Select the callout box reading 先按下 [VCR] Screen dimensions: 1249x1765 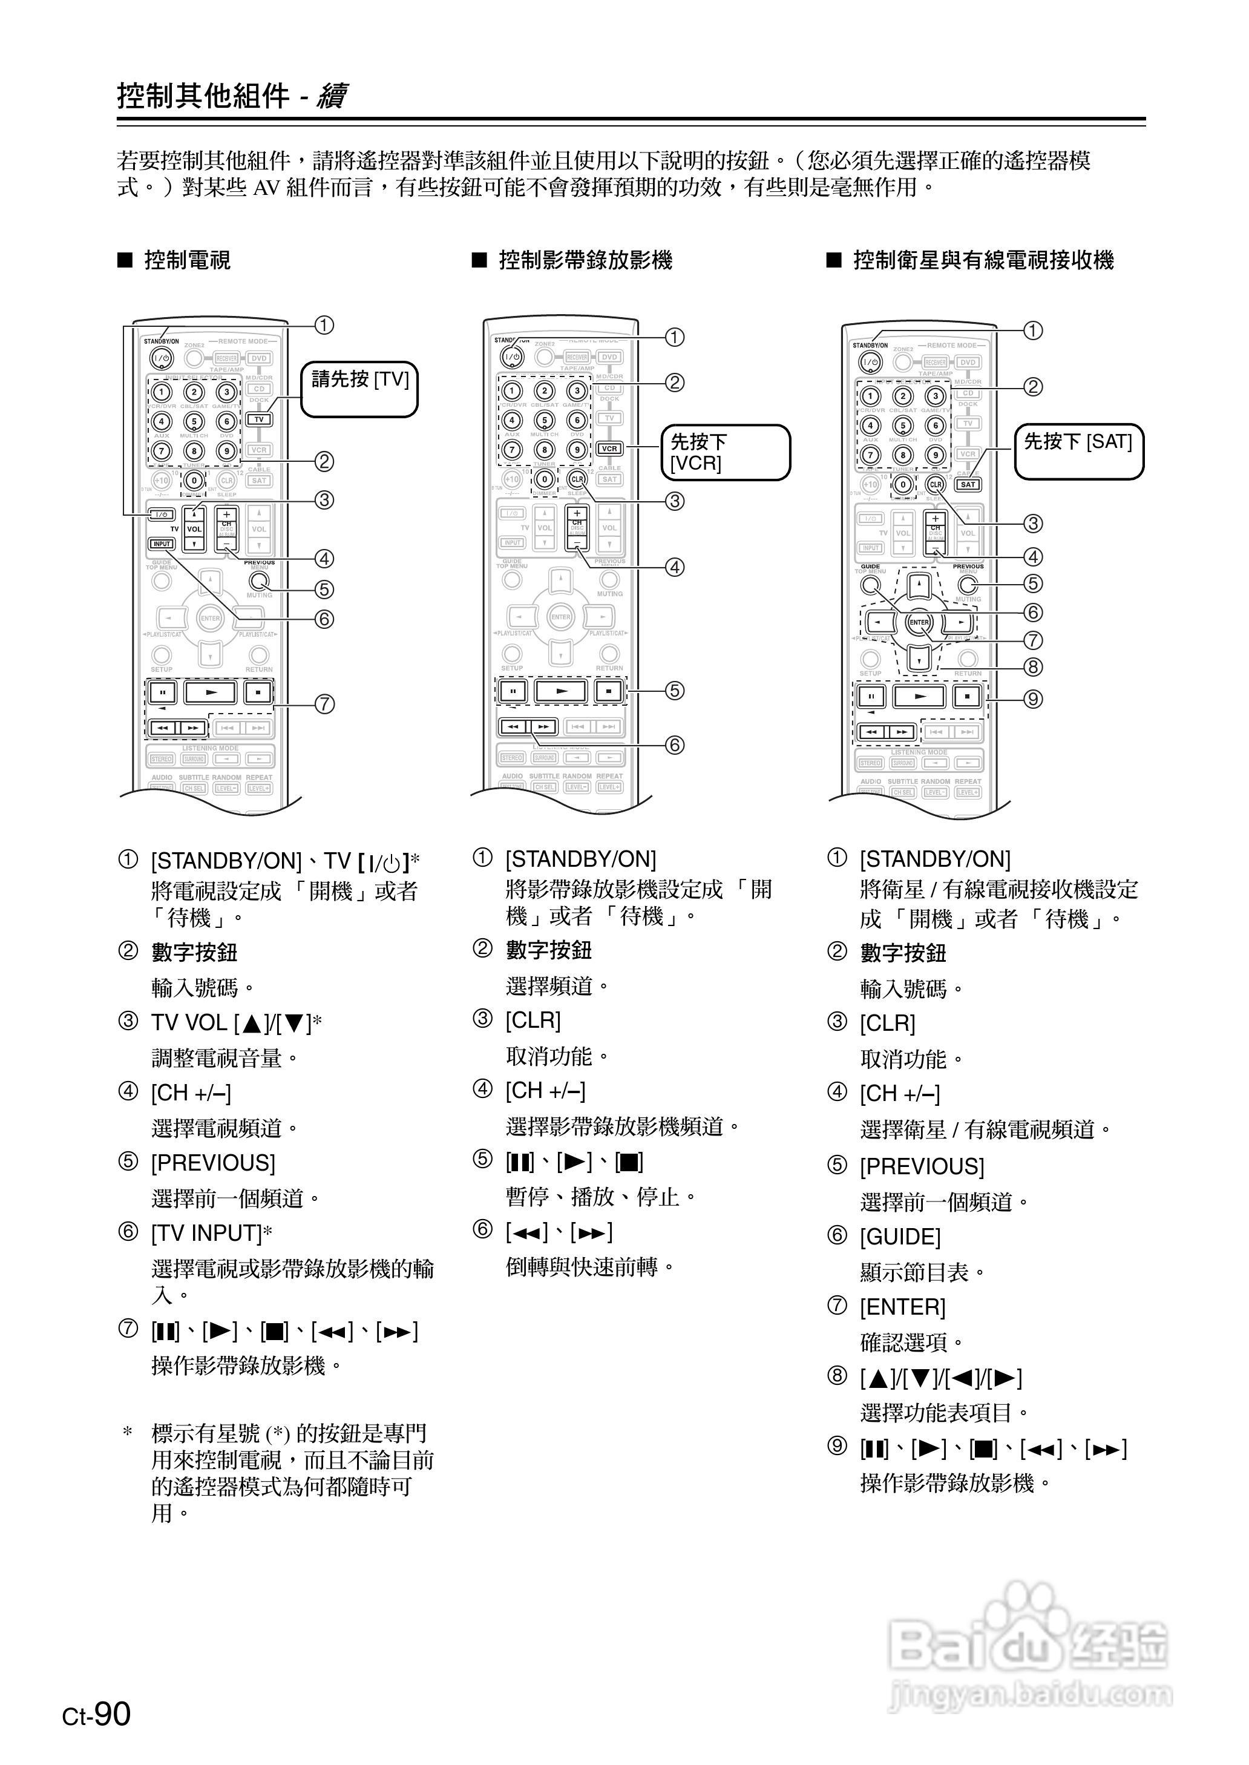pyautogui.click(x=725, y=452)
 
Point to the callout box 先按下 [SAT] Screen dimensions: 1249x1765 pyautogui.click(x=1078, y=452)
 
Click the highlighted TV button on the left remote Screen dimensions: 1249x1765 pyautogui.click(x=259, y=419)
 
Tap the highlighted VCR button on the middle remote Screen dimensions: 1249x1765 pyautogui.click(x=609, y=449)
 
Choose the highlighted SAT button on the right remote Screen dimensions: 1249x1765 pyautogui.click(x=968, y=484)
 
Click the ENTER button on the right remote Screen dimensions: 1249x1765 pyautogui.click(x=919, y=622)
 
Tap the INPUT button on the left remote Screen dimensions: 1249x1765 pyautogui.click(x=162, y=544)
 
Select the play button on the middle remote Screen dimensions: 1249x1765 pyautogui.click(x=562, y=691)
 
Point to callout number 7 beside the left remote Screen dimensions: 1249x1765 pyautogui.click(x=324, y=704)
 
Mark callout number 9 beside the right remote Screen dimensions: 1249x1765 pyautogui.click(x=1033, y=698)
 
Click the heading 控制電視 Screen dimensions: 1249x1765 pyautogui.click(x=187, y=261)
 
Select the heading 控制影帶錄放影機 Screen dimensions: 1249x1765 pyautogui.click(x=585, y=261)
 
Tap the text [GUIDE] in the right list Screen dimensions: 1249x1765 pyautogui.click(x=900, y=1237)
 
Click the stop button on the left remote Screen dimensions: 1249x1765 pyautogui.click(x=258, y=692)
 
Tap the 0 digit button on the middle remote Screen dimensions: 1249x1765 pyautogui.click(x=545, y=479)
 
